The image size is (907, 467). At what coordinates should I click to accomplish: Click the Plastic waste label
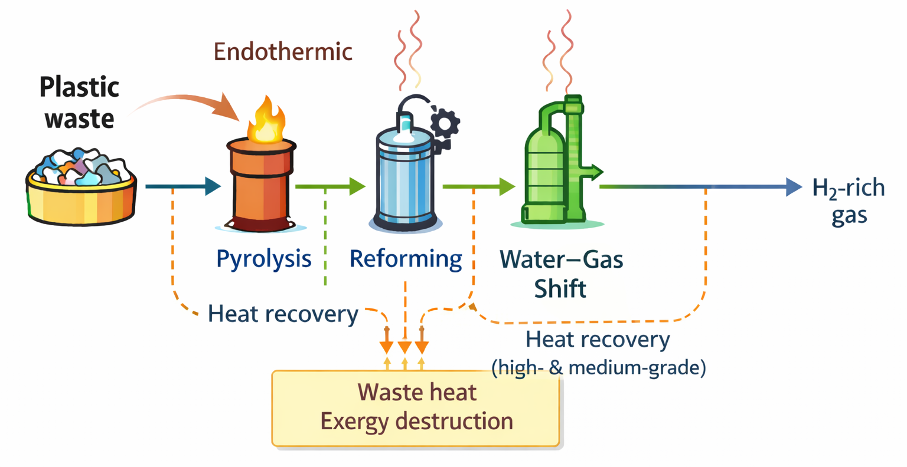click(79, 103)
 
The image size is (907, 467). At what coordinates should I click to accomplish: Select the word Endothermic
click(283, 52)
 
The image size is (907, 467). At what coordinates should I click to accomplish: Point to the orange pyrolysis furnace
click(260, 183)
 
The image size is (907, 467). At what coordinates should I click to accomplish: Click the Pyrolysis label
click(264, 258)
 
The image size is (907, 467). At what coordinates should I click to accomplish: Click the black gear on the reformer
click(445, 123)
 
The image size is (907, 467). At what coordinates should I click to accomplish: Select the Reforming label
click(406, 258)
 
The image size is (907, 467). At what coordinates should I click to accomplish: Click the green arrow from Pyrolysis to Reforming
click(331, 186)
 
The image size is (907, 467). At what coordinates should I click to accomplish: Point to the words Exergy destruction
click(416, 421)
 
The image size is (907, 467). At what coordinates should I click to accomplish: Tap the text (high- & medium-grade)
click(599, 367)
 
